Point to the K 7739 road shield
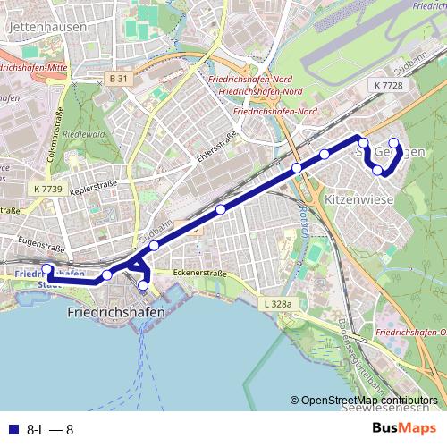[x=47, y=189]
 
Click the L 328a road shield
[x=278, y=304]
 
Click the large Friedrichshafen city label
[x=116, y=313]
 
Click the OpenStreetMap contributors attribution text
[x=369, y=401]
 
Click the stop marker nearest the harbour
[x=144, y=285]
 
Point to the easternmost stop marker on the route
[x=393, y=143]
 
